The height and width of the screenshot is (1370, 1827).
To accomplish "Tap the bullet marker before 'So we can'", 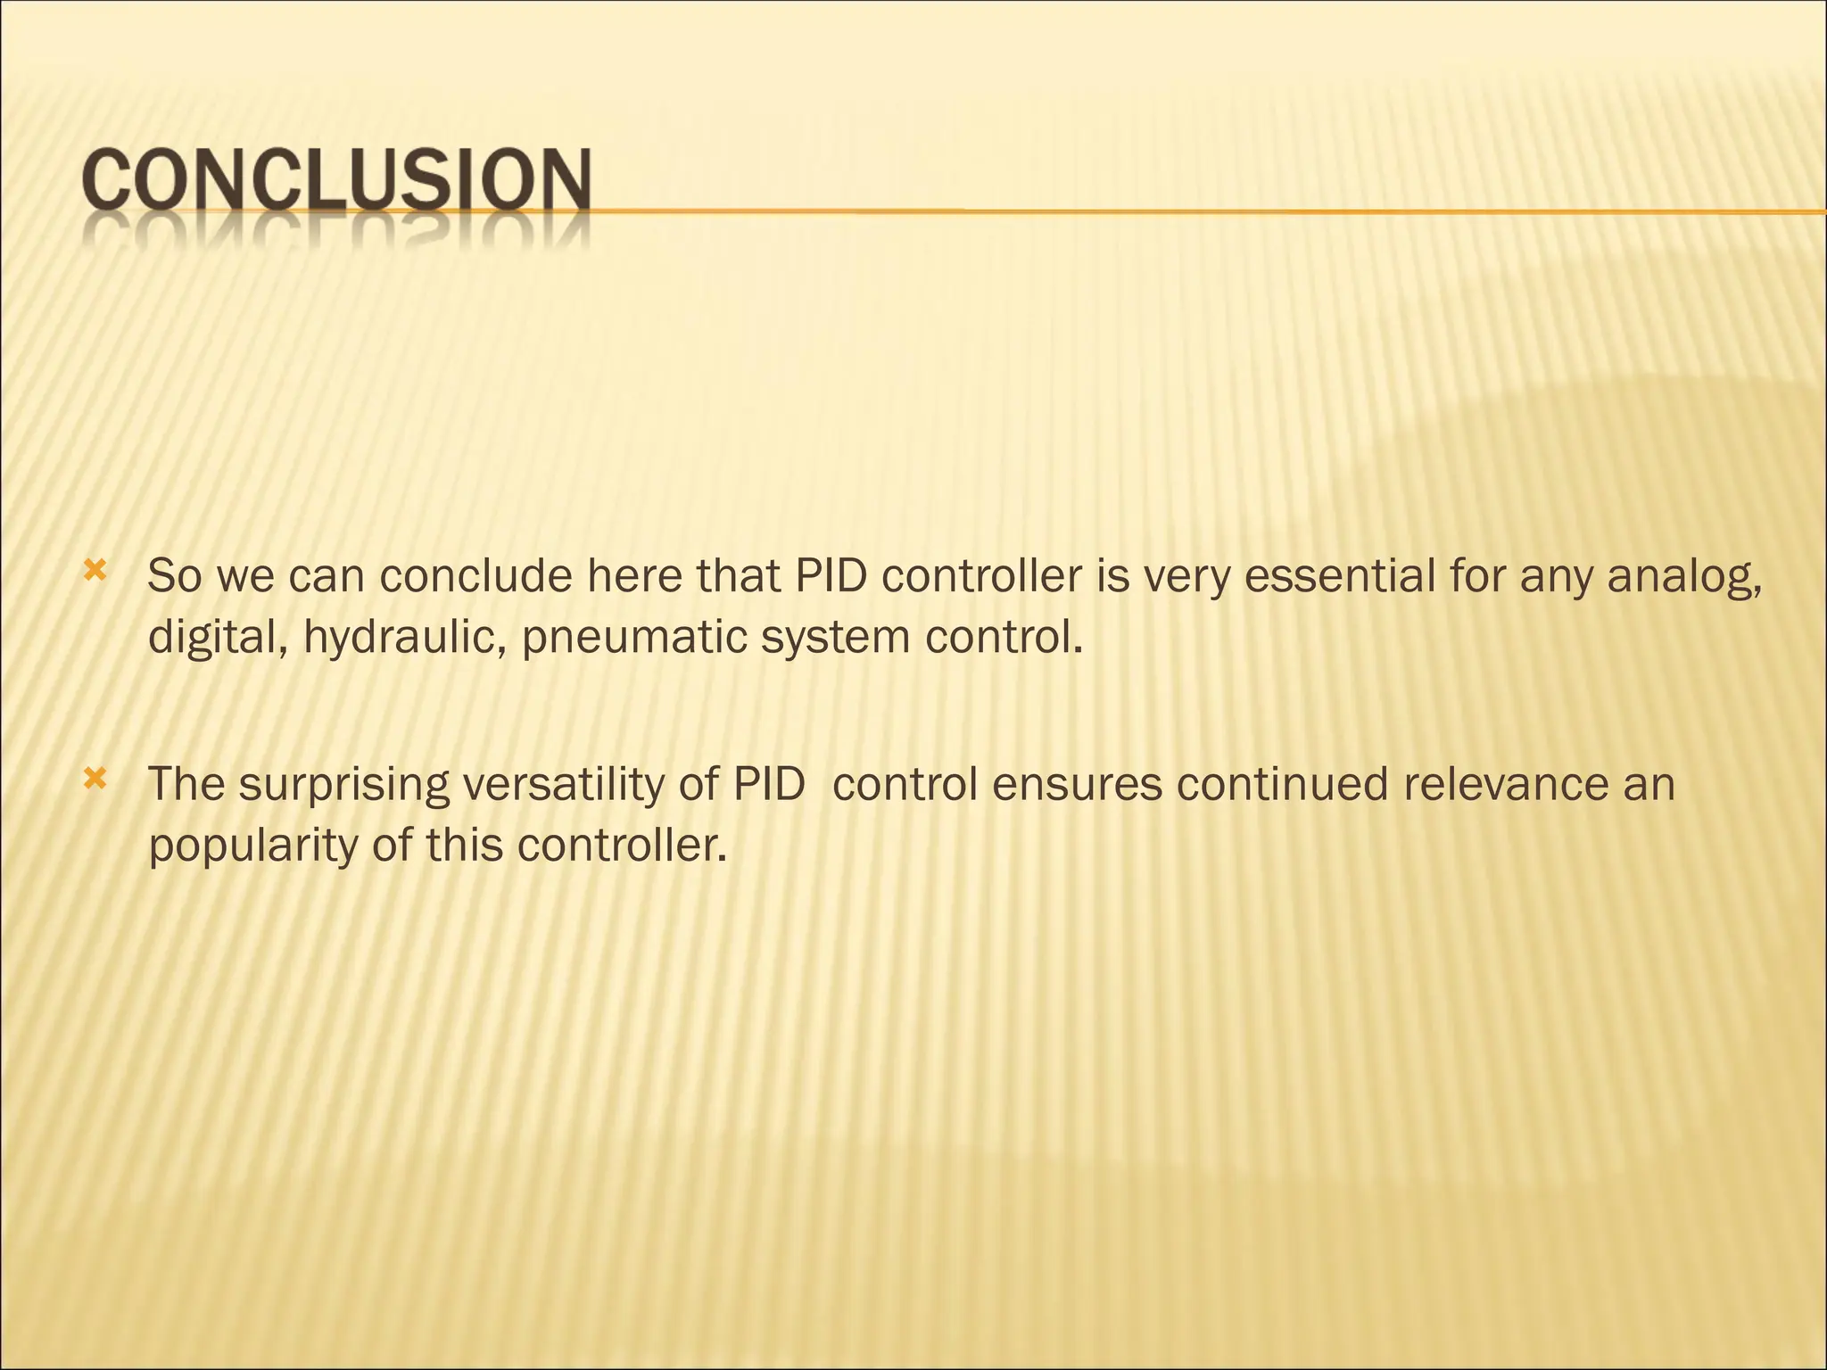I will [x=95, y=568].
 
